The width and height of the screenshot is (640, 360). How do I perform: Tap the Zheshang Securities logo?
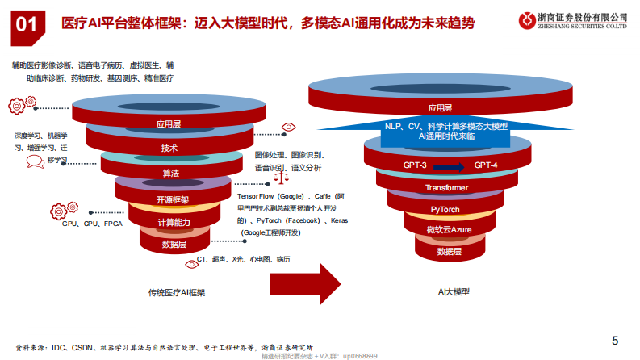coord(528,18)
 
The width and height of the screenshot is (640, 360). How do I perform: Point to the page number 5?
coord(615,340)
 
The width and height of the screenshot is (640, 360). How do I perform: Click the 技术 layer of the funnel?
coord(169,148)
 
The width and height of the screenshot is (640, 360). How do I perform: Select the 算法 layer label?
coord(170,174)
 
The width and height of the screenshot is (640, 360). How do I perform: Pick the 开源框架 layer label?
coord(172,199)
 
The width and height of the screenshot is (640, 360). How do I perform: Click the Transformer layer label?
coord(446,188)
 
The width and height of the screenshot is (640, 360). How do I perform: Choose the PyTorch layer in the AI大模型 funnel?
coord(445,209)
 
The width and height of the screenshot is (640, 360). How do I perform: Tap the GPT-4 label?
coord(486,165)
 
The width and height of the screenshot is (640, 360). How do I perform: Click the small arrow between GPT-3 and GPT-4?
coord(450,167)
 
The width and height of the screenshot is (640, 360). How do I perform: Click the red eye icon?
coord(288,128)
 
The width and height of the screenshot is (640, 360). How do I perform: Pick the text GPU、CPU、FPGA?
coord(92,224)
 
